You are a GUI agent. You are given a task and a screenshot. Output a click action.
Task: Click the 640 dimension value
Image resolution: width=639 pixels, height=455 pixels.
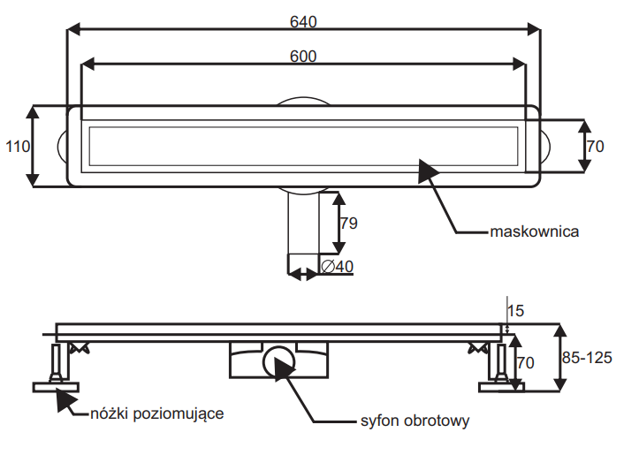tap(303, 21)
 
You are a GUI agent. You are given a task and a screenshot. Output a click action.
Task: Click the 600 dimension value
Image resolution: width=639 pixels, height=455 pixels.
tap(303, 57)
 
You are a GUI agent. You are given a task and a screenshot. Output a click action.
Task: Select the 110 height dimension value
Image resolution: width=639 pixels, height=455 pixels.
tap(18, 147)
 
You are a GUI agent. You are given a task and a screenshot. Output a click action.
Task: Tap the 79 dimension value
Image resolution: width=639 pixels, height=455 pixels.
tap(349, 223)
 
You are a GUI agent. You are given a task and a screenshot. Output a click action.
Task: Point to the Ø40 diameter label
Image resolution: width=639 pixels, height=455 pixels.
tap(337, 267)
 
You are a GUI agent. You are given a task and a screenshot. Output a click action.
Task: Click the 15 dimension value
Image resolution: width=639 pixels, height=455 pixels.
tap(515, 311)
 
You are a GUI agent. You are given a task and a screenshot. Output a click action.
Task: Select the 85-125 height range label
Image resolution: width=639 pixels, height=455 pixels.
tap(587, 358)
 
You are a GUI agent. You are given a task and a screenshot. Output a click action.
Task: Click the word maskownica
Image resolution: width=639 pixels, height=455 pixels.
tap(534, 231)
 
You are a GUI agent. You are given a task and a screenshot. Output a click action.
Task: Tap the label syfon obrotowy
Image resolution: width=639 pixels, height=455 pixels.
tap(415, 421)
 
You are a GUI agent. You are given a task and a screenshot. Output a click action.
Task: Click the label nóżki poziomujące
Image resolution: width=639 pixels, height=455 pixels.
tap(157, 413)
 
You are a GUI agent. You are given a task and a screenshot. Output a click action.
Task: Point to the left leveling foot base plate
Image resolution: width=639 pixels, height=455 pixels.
tap(56, 387)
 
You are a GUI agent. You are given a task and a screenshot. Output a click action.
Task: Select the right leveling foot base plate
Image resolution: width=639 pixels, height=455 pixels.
tap(501, 387)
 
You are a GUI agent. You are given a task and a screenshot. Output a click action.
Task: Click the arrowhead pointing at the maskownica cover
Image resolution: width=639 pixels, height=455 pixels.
tap(428, 171)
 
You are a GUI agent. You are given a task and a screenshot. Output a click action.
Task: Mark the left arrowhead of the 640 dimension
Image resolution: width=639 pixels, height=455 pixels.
tap(73, 29)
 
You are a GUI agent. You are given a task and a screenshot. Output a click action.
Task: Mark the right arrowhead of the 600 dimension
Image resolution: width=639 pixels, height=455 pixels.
tap(519, 64)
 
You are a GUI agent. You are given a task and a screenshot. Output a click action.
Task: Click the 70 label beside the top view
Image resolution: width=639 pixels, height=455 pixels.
tap(595, 147)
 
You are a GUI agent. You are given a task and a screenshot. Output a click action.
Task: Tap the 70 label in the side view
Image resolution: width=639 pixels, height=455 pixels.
tap(525, 362)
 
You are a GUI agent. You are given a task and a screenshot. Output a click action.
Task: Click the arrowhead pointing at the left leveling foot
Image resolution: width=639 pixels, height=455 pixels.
tap(65, 400)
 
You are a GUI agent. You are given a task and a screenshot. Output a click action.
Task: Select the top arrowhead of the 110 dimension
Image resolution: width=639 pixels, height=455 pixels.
tap(33, 112)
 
